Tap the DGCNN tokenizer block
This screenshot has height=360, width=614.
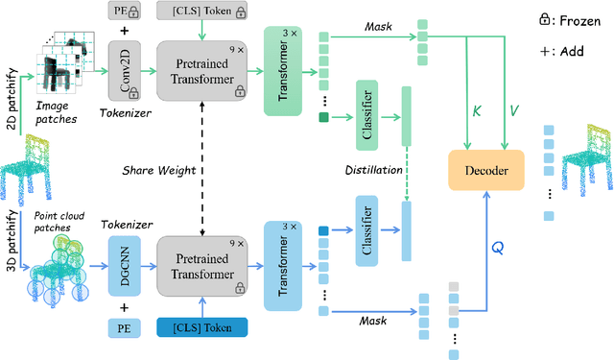click(x=133, y=263)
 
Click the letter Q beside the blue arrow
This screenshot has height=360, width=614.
click(x=498, y=246)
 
